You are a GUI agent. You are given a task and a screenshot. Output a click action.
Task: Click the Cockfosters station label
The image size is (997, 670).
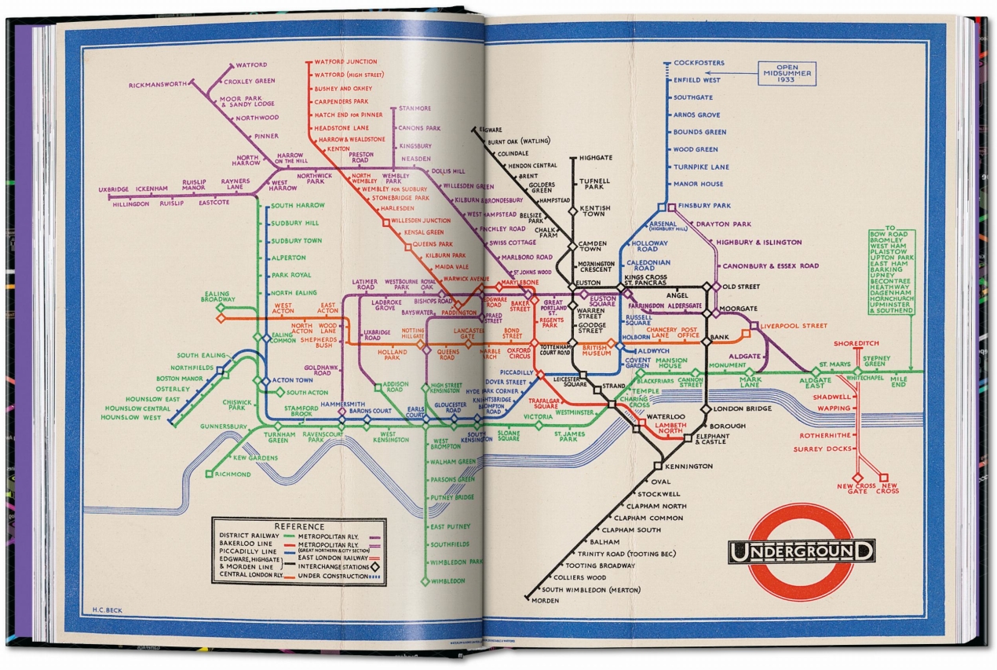699,63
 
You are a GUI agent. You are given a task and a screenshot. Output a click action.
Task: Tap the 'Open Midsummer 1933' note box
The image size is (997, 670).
786,74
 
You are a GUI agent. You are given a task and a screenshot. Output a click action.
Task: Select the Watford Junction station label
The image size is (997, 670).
345,62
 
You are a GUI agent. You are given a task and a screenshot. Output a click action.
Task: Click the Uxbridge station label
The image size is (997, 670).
113,189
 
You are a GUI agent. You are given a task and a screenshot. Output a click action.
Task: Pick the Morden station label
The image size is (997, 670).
545,601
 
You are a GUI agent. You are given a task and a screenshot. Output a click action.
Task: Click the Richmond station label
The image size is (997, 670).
232,474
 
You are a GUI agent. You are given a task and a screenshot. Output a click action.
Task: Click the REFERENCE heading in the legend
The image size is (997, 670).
298,526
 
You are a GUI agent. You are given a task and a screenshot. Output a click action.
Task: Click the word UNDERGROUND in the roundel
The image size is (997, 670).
801,551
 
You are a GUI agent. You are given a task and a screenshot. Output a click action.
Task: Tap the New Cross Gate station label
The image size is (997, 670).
856,489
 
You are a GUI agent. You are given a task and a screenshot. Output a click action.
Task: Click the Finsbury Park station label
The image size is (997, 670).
703,206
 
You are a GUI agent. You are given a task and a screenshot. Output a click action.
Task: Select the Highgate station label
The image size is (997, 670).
594,158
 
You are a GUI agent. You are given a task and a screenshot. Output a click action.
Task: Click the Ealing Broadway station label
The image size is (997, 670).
218,296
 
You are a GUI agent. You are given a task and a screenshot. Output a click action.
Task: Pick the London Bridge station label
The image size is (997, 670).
741,408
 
